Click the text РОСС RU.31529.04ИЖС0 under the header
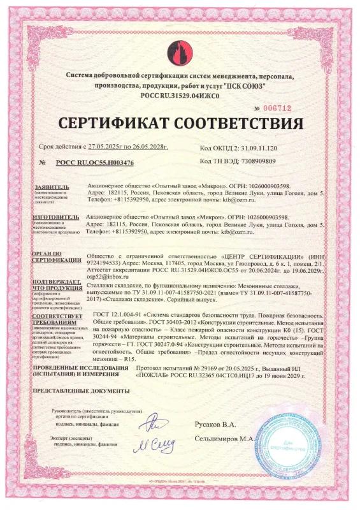pyautogui.click(x=179, y=94)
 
